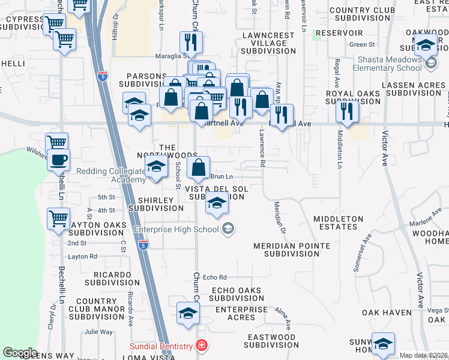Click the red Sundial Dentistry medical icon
click(201, 347)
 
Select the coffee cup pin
click(59, 160)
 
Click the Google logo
click(20, 352)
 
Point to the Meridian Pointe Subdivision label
click(291, 250)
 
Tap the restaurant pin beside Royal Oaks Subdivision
click(347, 111)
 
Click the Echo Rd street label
click(214, 277)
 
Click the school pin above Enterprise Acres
click(188, 313)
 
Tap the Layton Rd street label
click(83, 256)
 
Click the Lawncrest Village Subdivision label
click(269, 43)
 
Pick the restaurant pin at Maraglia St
click(191, 43)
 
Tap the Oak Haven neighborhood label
click(382, 313)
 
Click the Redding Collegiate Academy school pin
click(157, 167)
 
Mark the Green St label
click(362, 44)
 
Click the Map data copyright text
click(424, 355)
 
